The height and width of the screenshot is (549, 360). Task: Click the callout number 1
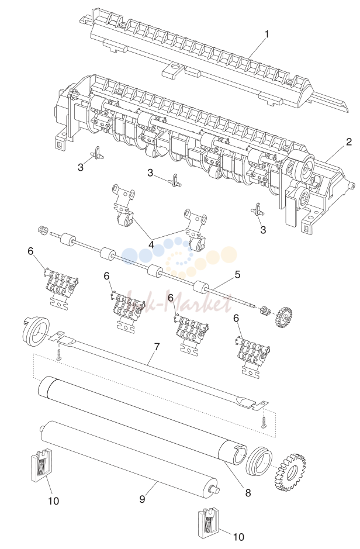click(x=267, y=34)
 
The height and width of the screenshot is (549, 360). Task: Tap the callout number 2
click(x=349, y=142)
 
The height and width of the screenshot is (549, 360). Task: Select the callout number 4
click(x=151, y=244)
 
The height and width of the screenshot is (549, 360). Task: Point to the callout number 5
click(x=237, y=275)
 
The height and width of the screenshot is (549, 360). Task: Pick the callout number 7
click(x=157, y=347)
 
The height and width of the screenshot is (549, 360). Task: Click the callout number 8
click(x=248, y=493)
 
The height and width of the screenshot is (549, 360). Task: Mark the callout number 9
click(x=142, y=499)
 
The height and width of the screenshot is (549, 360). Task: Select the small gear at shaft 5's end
click(x=283, y=316)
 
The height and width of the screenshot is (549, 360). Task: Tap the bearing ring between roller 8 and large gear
click(x=259, y=461)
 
